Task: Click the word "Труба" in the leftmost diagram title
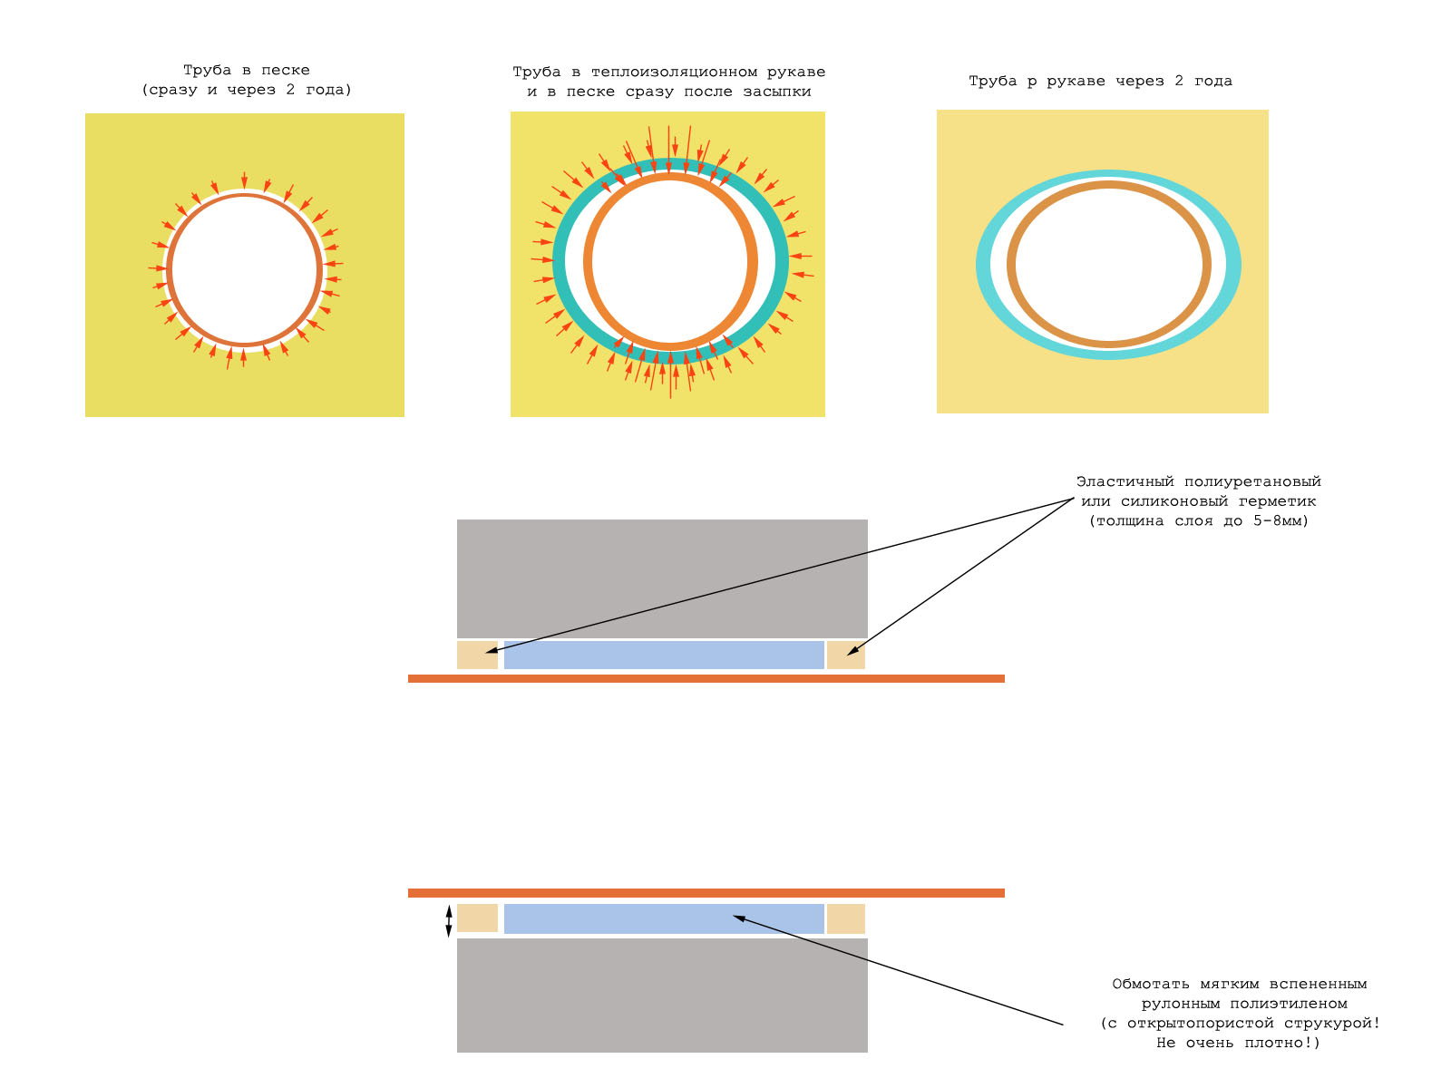[x=207, y=71]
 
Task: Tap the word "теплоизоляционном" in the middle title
[x=674, y=72]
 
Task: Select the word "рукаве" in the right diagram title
[x=1076, y=82]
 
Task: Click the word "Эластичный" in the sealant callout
[x=1125, y=481]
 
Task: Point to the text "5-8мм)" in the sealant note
[x=1281, y=520]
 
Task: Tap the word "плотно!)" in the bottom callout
[x=1281, y=1043]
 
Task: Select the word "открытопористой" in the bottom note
[x=1200, y=1024]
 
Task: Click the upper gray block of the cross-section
[x=662, y=578]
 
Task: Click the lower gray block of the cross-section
[x=662, y=995]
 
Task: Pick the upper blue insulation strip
[x=664, y=655]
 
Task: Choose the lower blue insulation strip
[x=664, y=918]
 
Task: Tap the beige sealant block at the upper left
[x=477, y=655]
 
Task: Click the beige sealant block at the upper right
[x=845, y=655]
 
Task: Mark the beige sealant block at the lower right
[x=845, y=918]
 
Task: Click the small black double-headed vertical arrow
[x=448, y=921]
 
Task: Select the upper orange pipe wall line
[x=706, y=678]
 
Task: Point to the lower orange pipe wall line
[x=706, y=893]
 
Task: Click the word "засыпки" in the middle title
[x=776, y=92]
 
